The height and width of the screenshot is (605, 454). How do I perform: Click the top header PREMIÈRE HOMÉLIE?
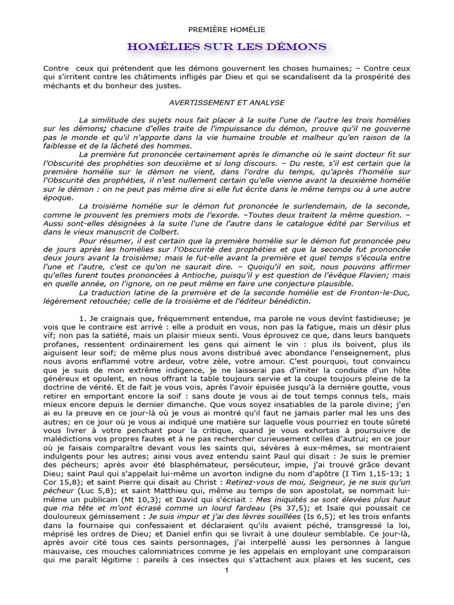tap(226, 29)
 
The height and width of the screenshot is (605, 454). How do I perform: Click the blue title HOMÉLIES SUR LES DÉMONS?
tap(227, 46)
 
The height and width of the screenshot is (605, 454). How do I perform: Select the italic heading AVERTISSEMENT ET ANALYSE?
tap(226, 102)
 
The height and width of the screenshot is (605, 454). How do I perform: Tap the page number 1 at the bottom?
tap(226, 570)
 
